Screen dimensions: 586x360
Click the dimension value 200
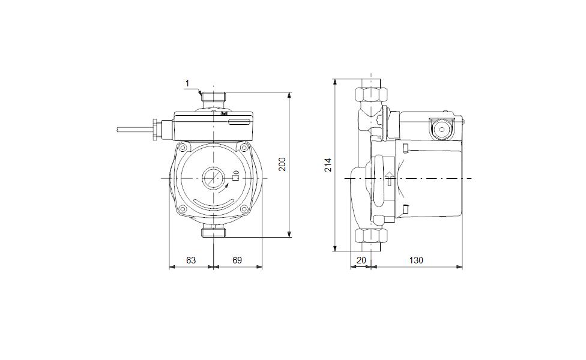[283, 164]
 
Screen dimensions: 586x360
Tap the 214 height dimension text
[328, 164]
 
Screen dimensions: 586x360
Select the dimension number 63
[191, 260]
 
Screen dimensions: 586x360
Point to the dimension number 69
[237, 260]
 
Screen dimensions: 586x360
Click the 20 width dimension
[361, 260]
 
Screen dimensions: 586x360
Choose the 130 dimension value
[416, 260]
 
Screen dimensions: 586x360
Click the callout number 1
[187, 83]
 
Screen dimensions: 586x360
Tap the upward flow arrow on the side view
[390, 179]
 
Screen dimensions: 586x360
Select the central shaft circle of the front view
[213, 178]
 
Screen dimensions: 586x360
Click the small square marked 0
[235, 178]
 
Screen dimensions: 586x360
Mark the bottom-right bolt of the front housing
[244, 209]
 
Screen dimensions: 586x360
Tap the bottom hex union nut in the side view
[371, 236]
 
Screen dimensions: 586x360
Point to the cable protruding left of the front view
[134, 130]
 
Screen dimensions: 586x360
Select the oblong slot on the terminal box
[239, 122]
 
